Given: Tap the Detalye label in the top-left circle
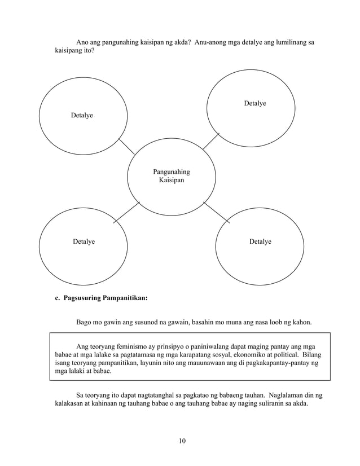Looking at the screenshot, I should [82, 115].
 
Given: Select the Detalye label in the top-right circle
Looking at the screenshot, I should [255, 103].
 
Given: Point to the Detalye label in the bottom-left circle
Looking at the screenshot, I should [84, 241].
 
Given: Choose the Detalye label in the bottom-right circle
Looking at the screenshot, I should [260, 241].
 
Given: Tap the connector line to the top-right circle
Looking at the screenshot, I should [211, 141].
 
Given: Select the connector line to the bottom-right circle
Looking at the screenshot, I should [217, 213].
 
